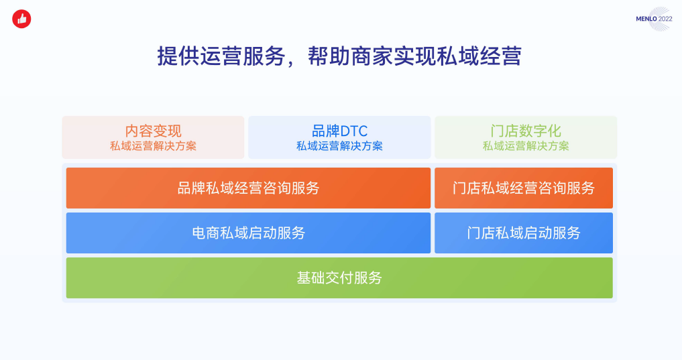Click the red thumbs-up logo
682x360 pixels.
(x=21, y=19)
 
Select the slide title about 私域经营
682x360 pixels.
(x=339, y=56)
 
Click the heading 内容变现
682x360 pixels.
(x=153, y=131)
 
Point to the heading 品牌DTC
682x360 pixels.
(x=340, y=131)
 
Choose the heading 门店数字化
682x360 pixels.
(x=526, y=131)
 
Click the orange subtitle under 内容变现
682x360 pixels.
(x=153, y=146)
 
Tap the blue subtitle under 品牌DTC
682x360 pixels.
(x=340, y=146)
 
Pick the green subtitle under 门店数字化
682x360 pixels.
(x=526, y=146)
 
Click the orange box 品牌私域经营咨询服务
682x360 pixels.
(x=248, y=188)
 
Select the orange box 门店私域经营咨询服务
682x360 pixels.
(x=524, y=188)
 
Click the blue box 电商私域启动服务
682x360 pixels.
(x=248, y=233)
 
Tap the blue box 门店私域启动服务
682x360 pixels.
(x=524, y=233)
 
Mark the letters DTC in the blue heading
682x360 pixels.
(x=355, y=131)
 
